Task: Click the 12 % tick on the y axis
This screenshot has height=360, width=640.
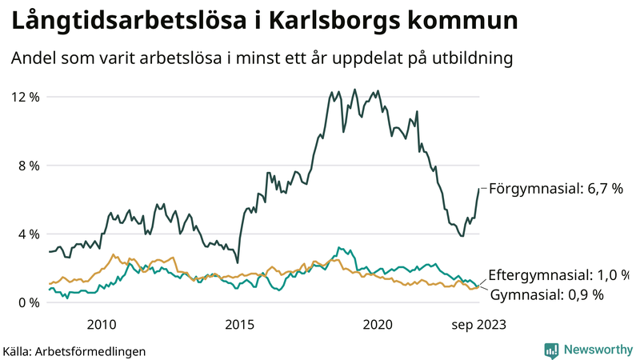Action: [25, 97]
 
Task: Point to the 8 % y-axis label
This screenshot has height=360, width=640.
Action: [27, 166]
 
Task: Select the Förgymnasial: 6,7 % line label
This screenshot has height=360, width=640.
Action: [555, 189]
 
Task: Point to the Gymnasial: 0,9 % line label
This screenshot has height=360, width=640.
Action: [546, 294]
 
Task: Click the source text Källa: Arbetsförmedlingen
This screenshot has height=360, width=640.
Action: [74, 350]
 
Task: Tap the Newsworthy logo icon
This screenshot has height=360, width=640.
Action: [551, 350]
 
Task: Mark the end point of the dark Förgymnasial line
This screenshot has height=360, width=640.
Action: [479, 189]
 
